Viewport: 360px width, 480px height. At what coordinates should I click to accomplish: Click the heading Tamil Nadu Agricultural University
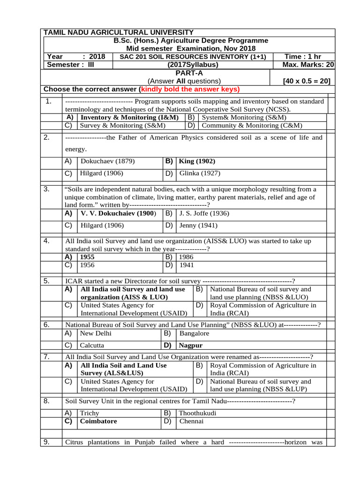coord(118,32)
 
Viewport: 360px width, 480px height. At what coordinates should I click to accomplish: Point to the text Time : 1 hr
coord(303,57)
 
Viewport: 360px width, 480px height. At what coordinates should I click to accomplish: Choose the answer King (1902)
coord(197,161)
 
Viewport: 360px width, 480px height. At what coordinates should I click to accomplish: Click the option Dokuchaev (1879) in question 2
coord(107,161)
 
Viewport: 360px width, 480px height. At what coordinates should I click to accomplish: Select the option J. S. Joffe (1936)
coord(204,213)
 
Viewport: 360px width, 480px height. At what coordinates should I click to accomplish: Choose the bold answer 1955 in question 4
coord(87,257)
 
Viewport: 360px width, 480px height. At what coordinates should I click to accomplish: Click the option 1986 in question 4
coord(186,257)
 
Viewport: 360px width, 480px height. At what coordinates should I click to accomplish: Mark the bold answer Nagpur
coord(191,345)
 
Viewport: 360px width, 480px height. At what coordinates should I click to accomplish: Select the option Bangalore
coord(194,333)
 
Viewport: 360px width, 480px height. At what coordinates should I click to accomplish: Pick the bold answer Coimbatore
coord(98,421)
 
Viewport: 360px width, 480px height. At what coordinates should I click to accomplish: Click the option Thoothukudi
coord(198,413)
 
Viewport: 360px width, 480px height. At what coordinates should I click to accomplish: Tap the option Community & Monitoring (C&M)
coord(252,125)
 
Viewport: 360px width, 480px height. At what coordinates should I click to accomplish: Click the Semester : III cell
coord(71,65)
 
